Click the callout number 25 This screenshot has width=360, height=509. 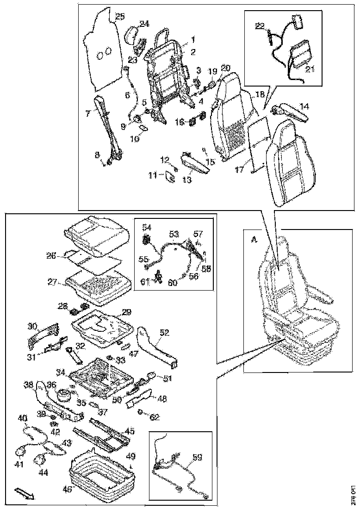pos(120,17)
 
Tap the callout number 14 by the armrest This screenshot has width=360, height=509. pos(304,106)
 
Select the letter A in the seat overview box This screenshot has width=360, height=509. pos(253,239)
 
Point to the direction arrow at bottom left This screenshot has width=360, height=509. pos(23,492)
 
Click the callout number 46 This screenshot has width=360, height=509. pos(68,489)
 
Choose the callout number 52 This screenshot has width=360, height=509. pos(165,332)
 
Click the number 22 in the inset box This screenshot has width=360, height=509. pos(259,25)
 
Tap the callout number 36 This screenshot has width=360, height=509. pos(51,384)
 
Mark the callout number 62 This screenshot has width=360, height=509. pos(154,417)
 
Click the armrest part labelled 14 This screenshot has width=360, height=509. pos(289,112)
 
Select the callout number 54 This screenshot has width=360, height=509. pos(146,227)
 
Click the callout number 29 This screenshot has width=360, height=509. pos(126,313)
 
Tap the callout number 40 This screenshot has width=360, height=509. pos(23,417)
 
